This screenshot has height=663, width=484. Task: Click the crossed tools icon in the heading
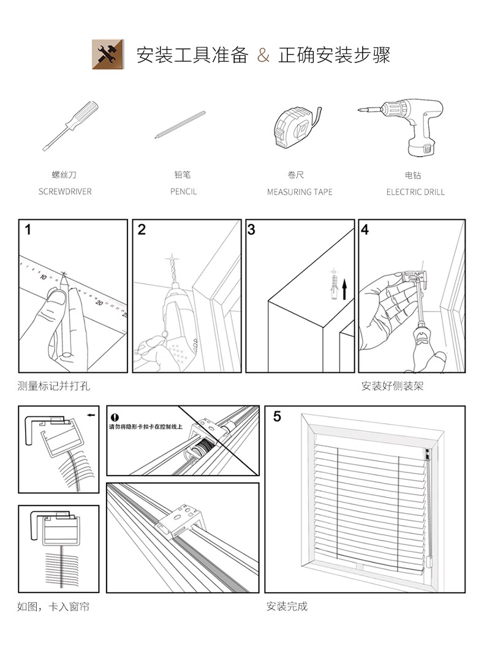pyautogui.click(x=107, y=54)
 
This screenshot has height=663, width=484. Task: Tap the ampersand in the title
pyautogui.click(x=263, y=55)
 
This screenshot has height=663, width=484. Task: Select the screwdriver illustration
pyautogui.click(x=71, y=125)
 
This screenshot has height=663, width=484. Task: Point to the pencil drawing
pyautogui.click(x=180, y=124)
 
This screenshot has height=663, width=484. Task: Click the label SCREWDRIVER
pyautogui.click(x=65, y=192)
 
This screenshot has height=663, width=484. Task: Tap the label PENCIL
pyautogui.click(x=184, y=192)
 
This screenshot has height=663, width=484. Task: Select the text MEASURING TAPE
pyautogui.click(x=300, y=192)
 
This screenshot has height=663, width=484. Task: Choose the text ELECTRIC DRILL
pyautogui.click(x=415, y=192)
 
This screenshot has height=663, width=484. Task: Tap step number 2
pyautogui.click(x=142, y=230)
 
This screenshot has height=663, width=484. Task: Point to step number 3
pyautogui.click(x=251, y=230)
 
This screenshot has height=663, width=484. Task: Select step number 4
pyautogui.click(x=365, y=230)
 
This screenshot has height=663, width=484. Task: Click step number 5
pyautogui.click(x=277, y=417)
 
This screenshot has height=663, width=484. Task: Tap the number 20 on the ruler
pyautogui.click(x=99, y=302)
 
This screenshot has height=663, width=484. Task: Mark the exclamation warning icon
pyautogui.click(x=114, y=418)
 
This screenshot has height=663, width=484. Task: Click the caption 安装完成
pyautogui.click(x=287, y=607)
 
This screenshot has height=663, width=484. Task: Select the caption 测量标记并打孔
pyautogui.click(x=54, y=386)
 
